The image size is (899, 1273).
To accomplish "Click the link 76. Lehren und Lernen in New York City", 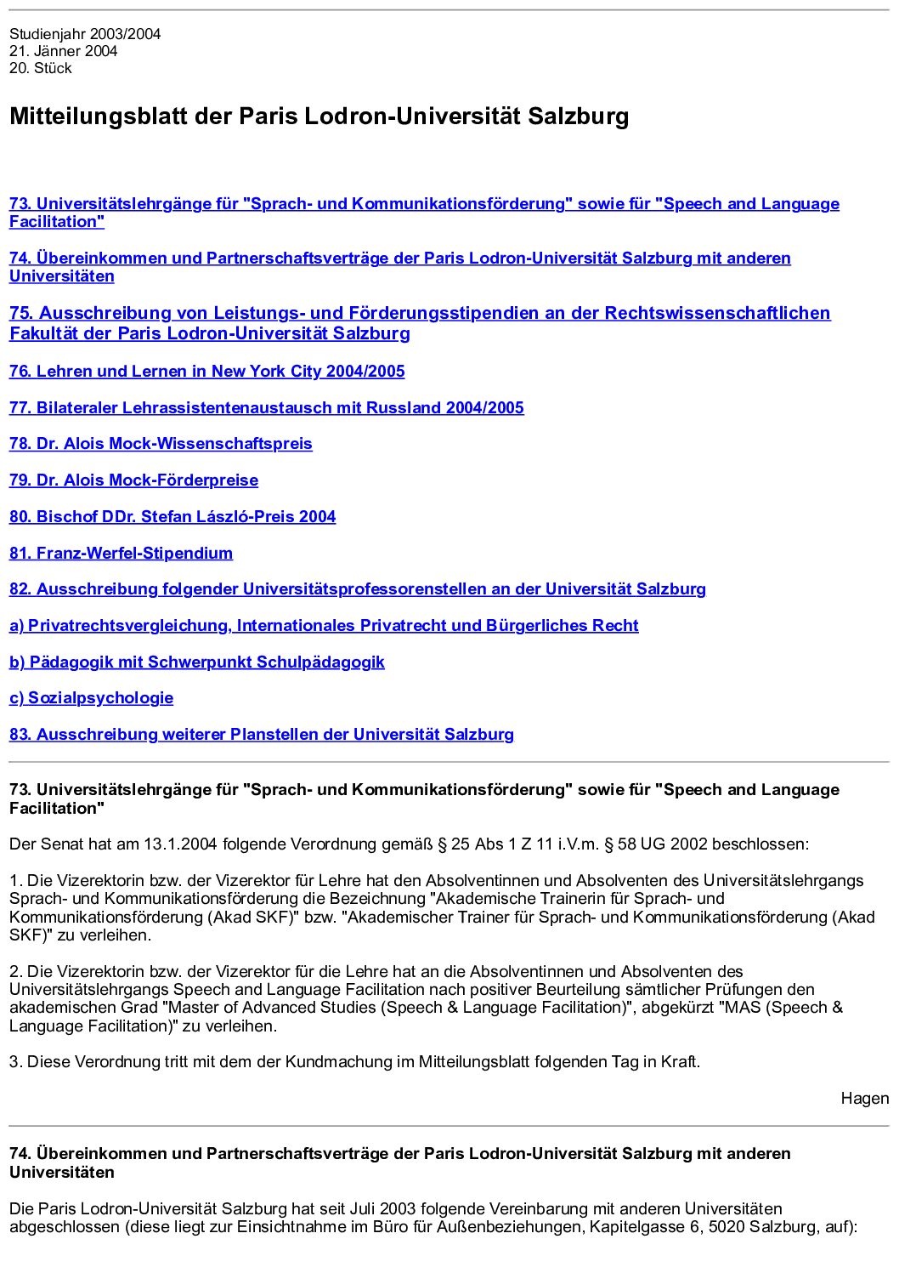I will point(206,372).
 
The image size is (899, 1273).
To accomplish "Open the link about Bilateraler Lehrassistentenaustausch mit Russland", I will point(266,408).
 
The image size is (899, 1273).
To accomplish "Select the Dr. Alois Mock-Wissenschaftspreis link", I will point(161,444).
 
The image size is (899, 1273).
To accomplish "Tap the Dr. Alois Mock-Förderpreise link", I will point(133,480).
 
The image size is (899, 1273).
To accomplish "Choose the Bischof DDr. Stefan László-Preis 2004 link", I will point(172,517).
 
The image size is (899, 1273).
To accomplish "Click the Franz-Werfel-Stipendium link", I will point(121,554).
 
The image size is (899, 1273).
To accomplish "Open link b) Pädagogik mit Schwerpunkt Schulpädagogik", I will point(196,662).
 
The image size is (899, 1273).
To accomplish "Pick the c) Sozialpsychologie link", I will point(91,698).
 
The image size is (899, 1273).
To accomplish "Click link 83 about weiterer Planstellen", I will point(261,735).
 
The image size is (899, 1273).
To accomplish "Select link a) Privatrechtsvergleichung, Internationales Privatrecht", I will point(324,626).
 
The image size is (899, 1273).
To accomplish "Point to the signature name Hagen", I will point(864,1099).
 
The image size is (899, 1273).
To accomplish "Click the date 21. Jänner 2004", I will point(64,51).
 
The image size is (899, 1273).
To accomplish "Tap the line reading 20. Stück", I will point(41,68).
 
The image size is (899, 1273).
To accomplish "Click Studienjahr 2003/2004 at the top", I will point(85,34).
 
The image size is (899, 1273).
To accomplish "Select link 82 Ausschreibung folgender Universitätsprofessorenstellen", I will point(357,589).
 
